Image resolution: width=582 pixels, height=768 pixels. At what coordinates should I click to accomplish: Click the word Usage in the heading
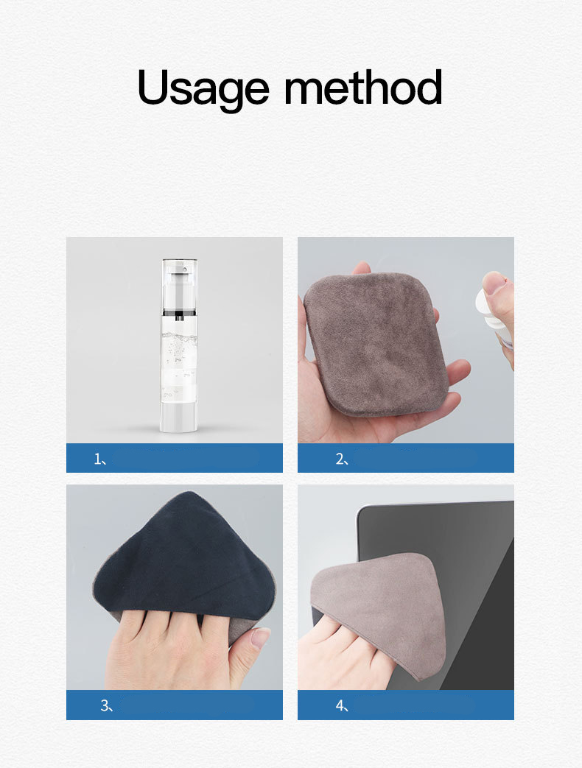tap(203, 88)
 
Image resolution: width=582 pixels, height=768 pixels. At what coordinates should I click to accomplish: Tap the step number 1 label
tap(100, 459)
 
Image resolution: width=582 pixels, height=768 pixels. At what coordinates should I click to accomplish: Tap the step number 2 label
tap(342, 459)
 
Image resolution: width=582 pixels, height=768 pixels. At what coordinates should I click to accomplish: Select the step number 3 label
tap(106, 705)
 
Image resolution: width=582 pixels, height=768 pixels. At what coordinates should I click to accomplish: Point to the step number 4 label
tap(342, 705)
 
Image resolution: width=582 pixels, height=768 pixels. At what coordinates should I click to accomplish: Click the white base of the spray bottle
tap(179, 417)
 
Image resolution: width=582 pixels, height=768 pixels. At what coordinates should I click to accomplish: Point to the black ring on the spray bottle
tap(179, 313)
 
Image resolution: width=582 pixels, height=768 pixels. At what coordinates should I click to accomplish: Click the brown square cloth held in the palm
tap(376, 345)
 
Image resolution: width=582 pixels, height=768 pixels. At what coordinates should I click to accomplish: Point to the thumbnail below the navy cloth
tap(260, 638)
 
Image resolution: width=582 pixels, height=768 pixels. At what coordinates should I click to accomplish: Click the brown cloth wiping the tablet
tap(378, 612)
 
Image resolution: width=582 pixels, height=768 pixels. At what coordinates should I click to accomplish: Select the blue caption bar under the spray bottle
tap(175, 458)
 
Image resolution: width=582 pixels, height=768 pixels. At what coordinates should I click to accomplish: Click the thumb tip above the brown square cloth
tap(362, 267)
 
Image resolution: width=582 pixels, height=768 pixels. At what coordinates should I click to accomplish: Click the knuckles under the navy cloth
tap(166, 620)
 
